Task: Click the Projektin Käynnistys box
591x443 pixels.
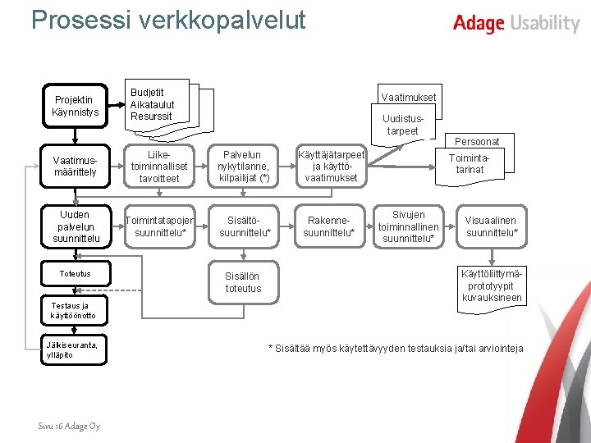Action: click(75, 105)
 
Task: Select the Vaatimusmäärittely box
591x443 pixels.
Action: click(75, 166)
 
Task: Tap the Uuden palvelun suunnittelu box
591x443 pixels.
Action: click(75, 227)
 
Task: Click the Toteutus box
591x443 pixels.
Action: click(75, 273)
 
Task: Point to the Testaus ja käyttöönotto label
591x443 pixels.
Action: click(73, 311)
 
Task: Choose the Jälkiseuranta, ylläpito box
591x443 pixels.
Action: click(75, 349)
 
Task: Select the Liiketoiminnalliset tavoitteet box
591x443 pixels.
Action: click(159, 166)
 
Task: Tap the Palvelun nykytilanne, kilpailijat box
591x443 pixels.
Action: click(244, 166)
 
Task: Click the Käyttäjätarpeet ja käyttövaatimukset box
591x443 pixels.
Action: click(331, 166)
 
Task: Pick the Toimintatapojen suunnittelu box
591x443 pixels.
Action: click(159, 227)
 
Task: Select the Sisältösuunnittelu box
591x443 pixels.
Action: click(244, 227)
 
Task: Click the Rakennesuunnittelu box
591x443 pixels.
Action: click(331, 227)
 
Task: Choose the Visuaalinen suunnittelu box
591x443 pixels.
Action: click(492, 227)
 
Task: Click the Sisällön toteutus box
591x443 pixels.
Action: click(244, 281)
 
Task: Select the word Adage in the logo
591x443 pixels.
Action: click(479, 24)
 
